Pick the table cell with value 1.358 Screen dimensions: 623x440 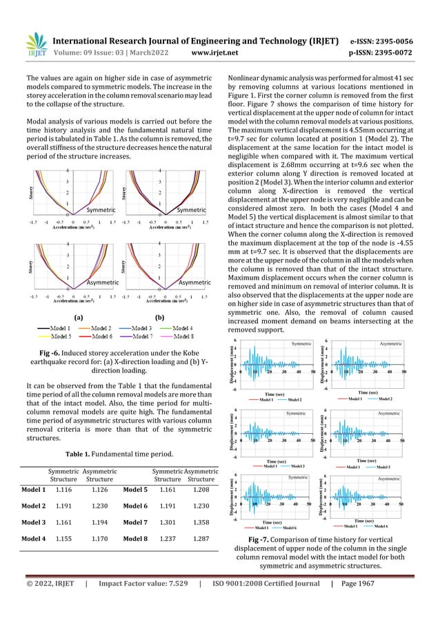click(x=201, y=518)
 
